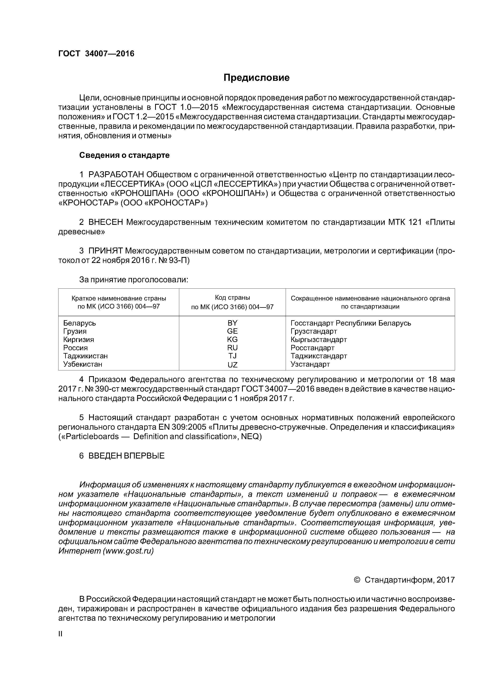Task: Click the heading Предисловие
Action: [x=256, y=78]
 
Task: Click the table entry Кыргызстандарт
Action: [x=318, y=340]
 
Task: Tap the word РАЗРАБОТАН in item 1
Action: [x=116, y=174]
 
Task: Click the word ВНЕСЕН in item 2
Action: [x=106, y=222]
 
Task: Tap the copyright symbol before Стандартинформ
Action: [x=357, y=580]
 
